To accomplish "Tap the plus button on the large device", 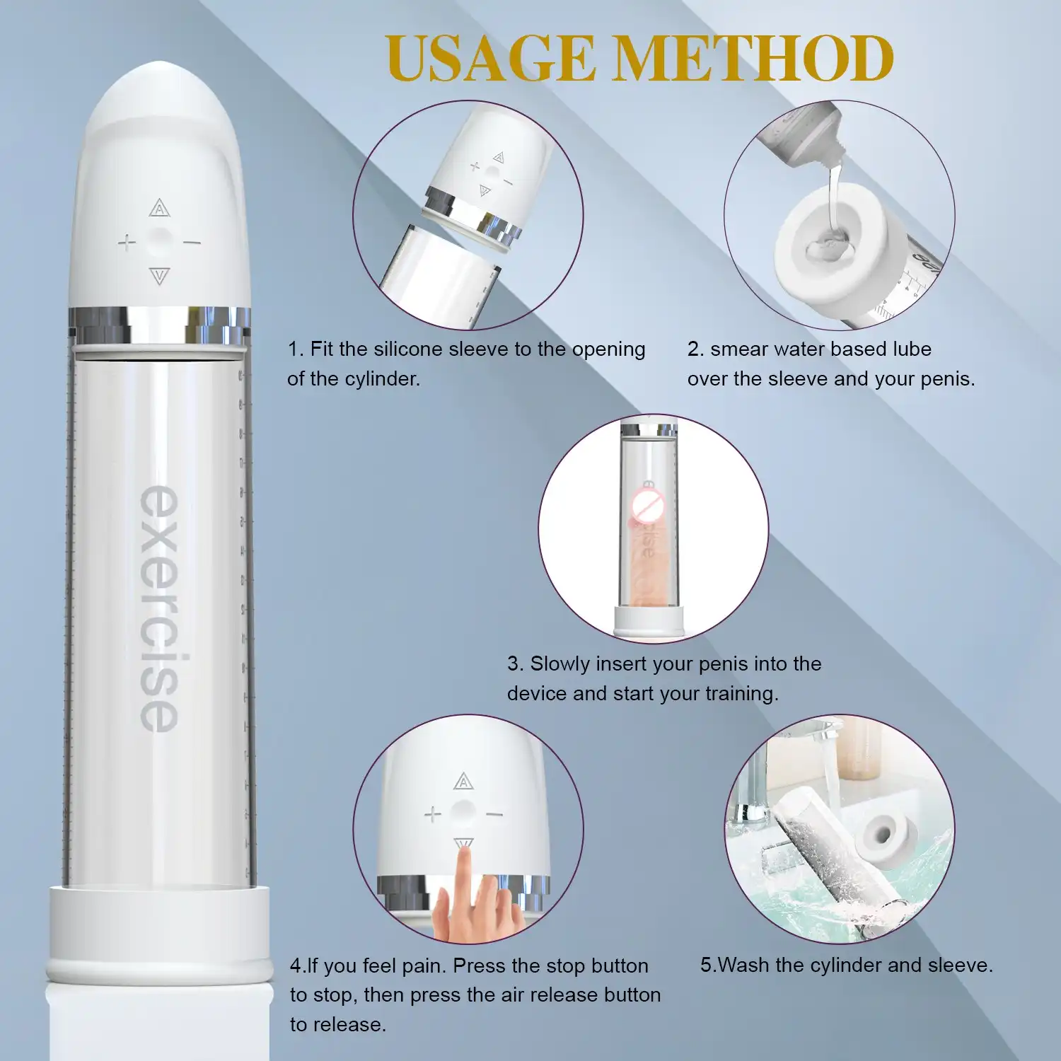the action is pyautogui.click(x=127, y=243).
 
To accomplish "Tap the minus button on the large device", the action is pyautogui.click(x=192, y=243).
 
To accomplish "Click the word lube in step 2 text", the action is pyautogui.click(x=912, y=349).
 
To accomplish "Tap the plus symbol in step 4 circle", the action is pyautogui.click(x=433, y=815).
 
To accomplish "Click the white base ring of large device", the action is pyautogui.click(x=160, y=934).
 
